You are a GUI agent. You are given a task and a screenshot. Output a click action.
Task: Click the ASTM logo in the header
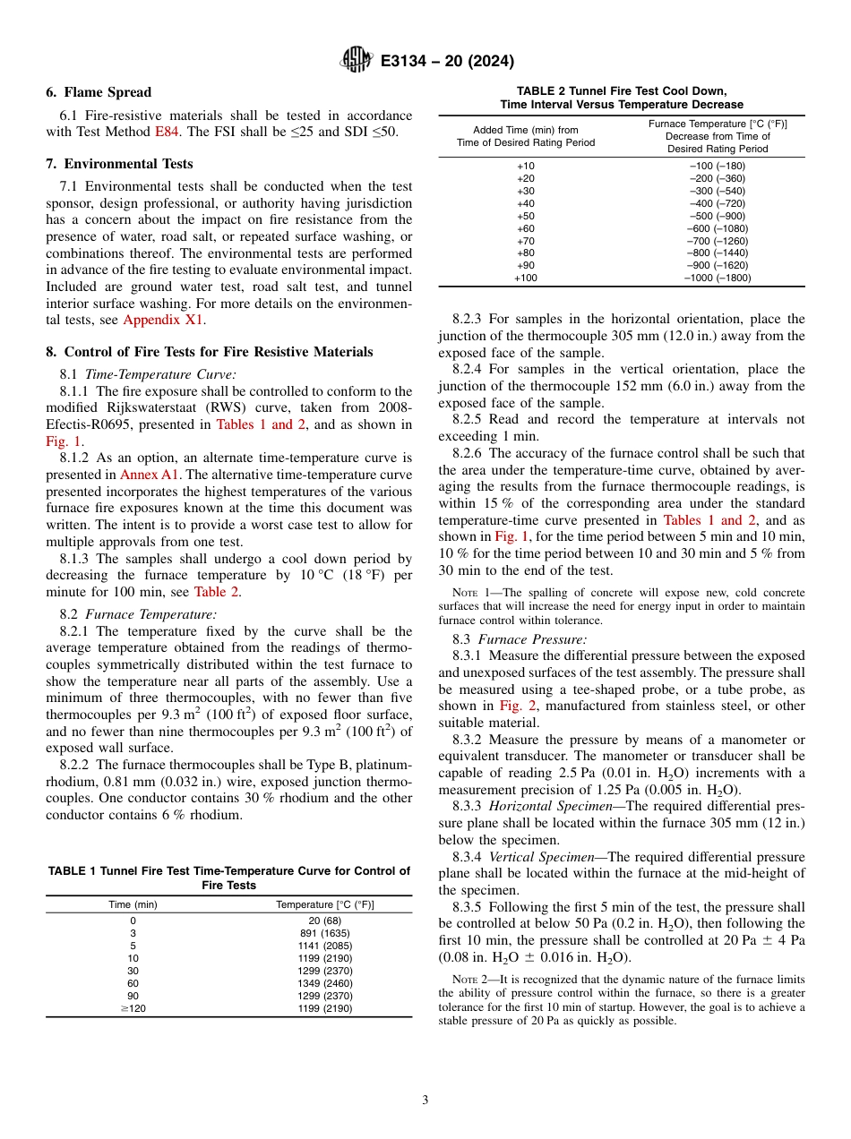point(357,61)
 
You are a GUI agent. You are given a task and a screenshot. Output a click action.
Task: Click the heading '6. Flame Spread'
point(99,92)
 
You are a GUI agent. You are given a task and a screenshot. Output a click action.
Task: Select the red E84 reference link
point(168,132)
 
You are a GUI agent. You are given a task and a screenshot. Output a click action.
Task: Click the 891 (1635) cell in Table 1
point(325,932)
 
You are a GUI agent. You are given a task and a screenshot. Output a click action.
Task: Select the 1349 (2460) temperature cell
point(325,982)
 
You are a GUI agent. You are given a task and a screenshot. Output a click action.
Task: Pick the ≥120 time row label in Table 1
point(133,1007)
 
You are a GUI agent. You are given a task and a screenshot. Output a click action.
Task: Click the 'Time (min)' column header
point(133,904)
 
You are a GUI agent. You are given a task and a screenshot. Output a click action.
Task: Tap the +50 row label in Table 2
point(525,216)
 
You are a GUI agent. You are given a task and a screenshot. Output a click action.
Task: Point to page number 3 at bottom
point(425,1100)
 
